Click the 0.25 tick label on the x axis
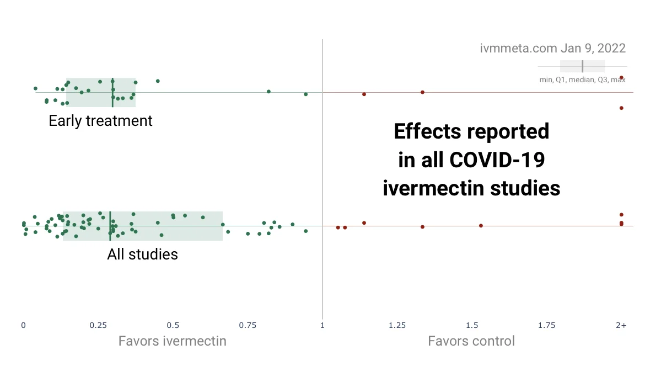click(98, 326)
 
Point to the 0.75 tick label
click(248, 326)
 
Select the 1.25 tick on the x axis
click(397, 326)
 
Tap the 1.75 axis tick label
click(547, 326)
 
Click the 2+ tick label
click(621, 326)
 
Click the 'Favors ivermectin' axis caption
click(172, 341)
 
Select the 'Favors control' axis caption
click(471, 341)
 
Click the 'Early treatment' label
click(100, 121)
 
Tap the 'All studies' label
click(142, 255)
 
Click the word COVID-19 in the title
click(497, 160)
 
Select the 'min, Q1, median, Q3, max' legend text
click(582, 79)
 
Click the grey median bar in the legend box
click(582, 66)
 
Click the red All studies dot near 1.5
click(481, 226)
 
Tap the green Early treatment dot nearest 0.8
click(268, 92)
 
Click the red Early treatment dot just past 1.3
click(422, 92)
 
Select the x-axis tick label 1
click(322, 326)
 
